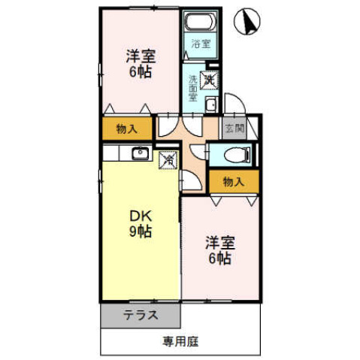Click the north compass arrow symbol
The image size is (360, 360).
247,22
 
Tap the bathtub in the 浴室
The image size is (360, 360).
199,23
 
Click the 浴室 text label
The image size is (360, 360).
199,44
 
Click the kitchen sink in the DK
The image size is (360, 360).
140,154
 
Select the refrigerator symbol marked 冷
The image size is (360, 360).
170,159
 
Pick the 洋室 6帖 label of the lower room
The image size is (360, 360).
221,250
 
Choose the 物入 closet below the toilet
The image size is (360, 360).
234,181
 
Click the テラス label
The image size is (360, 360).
141,316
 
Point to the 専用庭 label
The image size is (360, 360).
181,342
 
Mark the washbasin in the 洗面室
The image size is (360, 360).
211,104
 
